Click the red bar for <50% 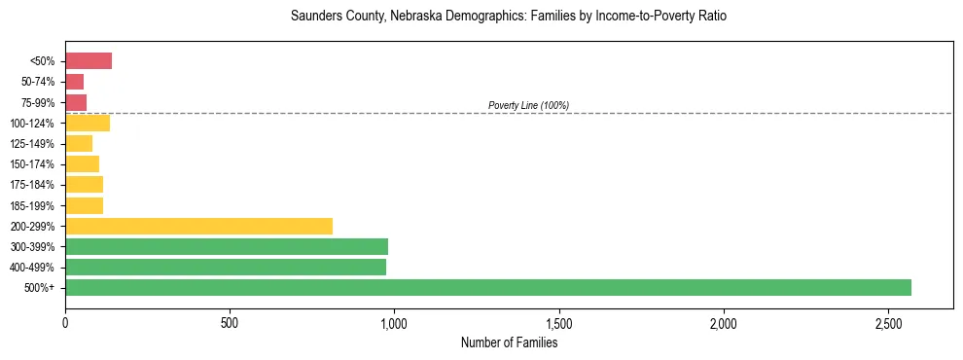pos(89,61)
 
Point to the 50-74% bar pos(75,82)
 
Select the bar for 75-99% pos(76,102)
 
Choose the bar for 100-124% pos(88,123)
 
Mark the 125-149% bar pos(79,144)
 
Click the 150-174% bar pos(83,164)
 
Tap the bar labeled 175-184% pos(85,185)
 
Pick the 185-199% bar pos(85,205)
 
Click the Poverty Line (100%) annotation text pos(528,105)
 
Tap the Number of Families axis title pos(509,342)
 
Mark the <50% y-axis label pos(44,61)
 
